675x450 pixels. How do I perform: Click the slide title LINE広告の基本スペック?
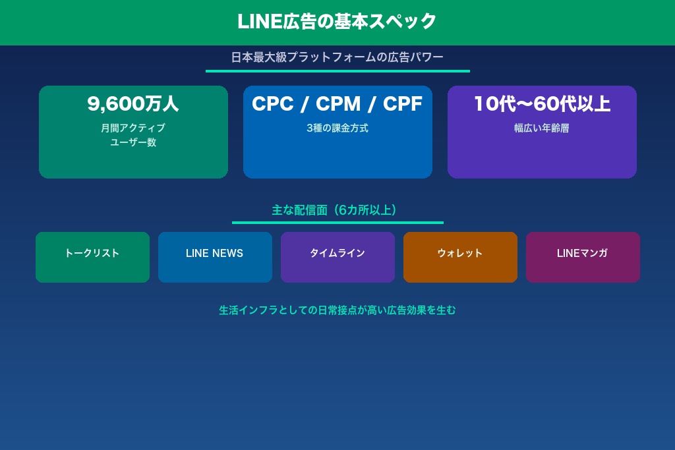pyautogui.click(x=337, y=22)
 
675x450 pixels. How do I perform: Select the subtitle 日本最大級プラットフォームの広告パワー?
pyautogui.click(x=337, y=57)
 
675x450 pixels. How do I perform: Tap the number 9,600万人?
pyautogui.click(x=133, y=104)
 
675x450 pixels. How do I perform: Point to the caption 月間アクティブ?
pyautogui.click(x=133, y=128)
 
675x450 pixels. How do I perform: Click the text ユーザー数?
pyautogui.click(x=133, y=142)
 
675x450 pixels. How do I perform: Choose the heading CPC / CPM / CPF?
pyautogui.click(x=337, y=104)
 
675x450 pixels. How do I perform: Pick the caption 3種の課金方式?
pyautogui.click(x=337, y=128)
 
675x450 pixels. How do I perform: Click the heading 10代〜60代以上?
pyautogui.click(x=542, y=104)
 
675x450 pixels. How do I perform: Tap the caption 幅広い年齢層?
pyautogui.click(x=542, y=128)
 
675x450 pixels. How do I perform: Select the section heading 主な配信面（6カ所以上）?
pyautogui.click(x=337, y=210)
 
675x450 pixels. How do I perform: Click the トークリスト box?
pyautogui.click(x=92, y=257)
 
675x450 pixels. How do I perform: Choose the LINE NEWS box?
pyautogui.click(x=215, y=257)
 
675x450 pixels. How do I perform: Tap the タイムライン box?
pyautogui.click(x=337, y=257)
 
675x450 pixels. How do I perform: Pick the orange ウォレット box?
pyautogui.click(x=460, y=257)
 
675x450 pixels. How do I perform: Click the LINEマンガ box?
pyautogui.click(x=583, y=257)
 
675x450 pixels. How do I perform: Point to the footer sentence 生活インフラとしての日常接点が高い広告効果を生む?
pyautogui.click(x=337, y=310)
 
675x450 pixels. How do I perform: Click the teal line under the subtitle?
pyautogui.click(x=337, y=71)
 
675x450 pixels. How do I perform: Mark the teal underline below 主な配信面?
pyautogui.click(x=337, y=223)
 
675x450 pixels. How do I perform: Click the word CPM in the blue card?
pyautogui.click(x=338, y=104)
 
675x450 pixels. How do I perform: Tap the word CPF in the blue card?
pyautogui.click(x=403, y=104)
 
